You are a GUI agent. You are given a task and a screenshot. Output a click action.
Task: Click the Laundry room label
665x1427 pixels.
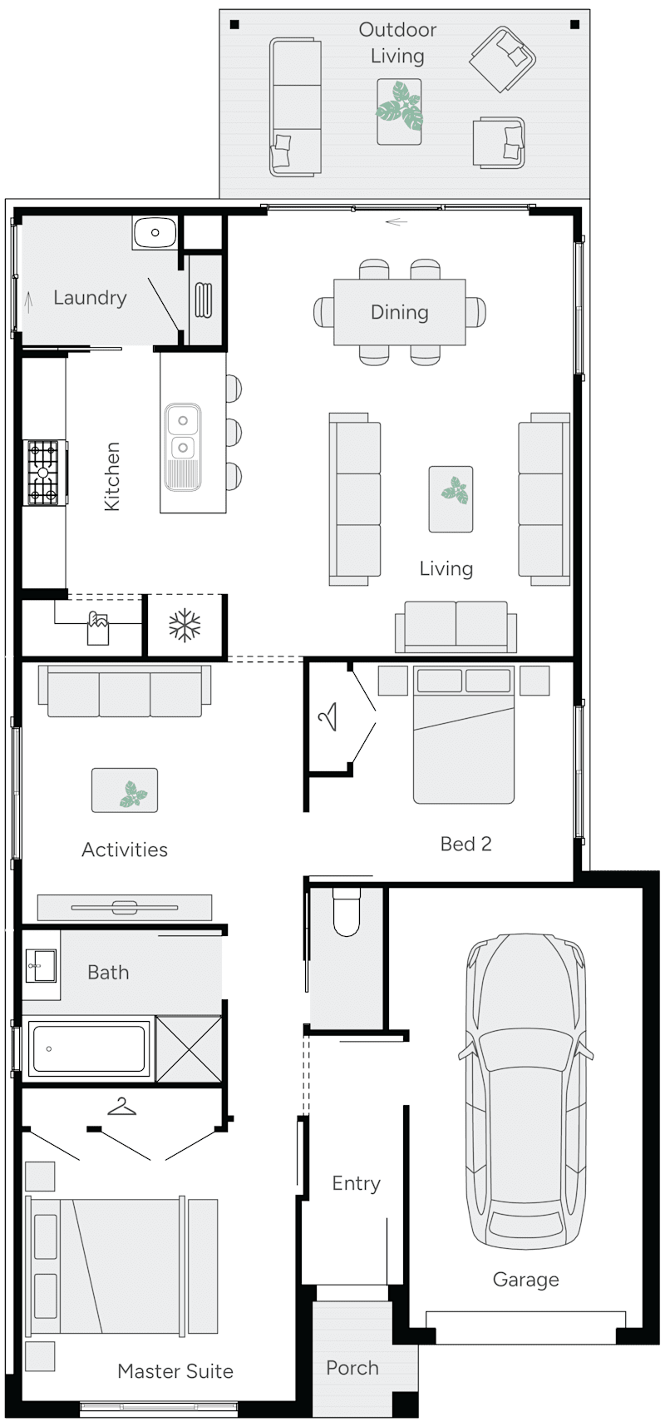[x=90, y=298]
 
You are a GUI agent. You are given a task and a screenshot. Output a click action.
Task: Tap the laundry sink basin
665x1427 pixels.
[x=155, y=232]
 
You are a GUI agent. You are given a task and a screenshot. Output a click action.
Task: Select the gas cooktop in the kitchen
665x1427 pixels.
[x=44, y=473]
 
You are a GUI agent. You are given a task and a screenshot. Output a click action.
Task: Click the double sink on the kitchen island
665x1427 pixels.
[x=183, y=434]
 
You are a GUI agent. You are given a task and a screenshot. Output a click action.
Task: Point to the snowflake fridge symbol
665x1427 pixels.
[x=185, y=626]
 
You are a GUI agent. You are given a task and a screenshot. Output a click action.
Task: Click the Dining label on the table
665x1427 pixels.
[x=400, y=312]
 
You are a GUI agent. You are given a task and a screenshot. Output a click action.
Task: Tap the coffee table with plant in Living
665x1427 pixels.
[x=451, y=498]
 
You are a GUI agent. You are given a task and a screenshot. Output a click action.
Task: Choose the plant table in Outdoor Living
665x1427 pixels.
[x=399, y=111]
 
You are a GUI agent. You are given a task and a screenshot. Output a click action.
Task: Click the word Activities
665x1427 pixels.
[x=125, y=850]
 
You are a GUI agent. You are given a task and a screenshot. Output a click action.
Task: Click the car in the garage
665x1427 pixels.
[x=525, y=1090]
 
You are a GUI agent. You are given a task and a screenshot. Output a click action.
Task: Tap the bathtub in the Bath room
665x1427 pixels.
[x=88, y=1048]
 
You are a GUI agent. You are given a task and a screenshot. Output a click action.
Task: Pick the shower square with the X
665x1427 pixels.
[x=190, y=1048]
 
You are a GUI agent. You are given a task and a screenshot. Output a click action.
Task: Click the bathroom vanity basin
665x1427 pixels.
[x=39, y=966]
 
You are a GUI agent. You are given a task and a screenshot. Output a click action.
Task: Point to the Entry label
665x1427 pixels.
[x=356, y=1183]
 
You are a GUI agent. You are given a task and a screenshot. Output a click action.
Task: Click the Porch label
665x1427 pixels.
[x=352, y=1368]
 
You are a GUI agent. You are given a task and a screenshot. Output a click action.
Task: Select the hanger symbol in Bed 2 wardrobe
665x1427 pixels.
[x=328, y=716]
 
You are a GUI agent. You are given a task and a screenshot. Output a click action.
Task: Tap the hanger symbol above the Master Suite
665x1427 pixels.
[x=122, y=1107]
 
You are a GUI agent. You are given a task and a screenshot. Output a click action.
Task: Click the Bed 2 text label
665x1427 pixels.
[x=465, y=844]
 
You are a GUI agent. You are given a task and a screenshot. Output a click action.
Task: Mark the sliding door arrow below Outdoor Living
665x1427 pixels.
[x=397, y=222]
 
